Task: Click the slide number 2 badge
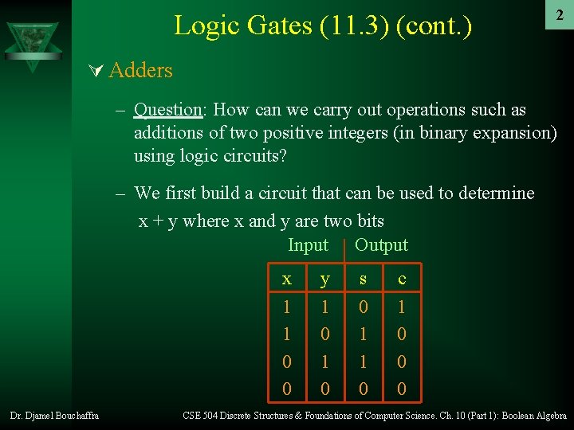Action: click(x=560, y=15)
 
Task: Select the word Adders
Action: click(x=140, y=71)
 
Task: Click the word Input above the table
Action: click(x=308, y=245)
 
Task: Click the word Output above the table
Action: click(x=381, y=245)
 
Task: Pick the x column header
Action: click(x=287, y=279)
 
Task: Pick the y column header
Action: click(x=324, y=279)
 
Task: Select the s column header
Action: click(x=364, y=279)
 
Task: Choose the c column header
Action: click(x=402, y=279)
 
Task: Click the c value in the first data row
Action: click(x=402, y=307)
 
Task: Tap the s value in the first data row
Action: click(x=364, y=307)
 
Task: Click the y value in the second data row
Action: click(x=324, y=334)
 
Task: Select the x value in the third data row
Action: click(x=287, y=362)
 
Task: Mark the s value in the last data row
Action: click(x=364, y=389)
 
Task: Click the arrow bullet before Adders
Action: click(x=97, y=71)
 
